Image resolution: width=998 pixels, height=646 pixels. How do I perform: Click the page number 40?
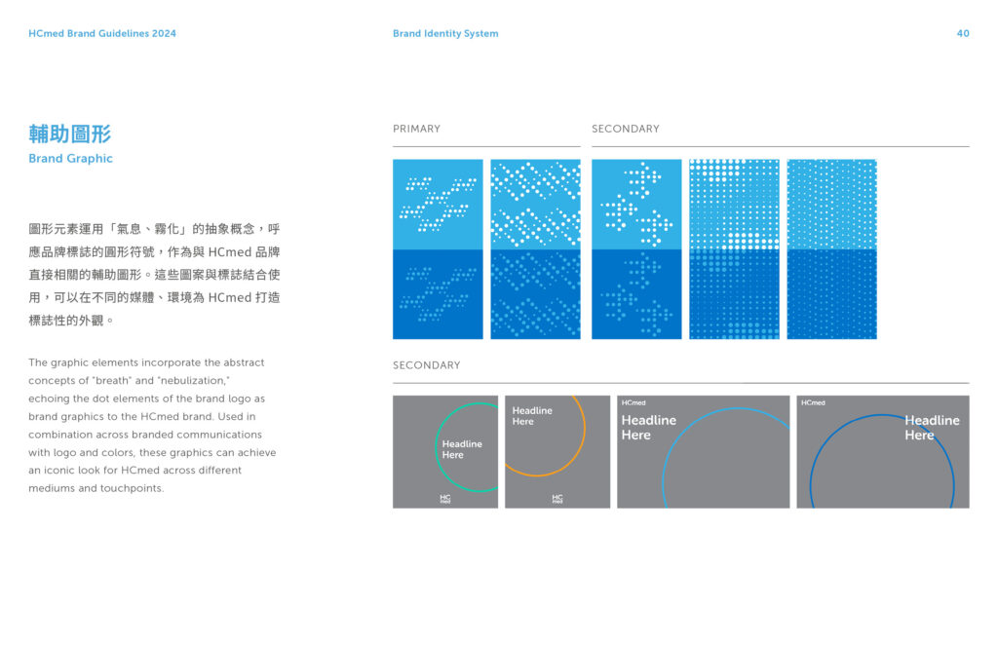[x=962, y=34]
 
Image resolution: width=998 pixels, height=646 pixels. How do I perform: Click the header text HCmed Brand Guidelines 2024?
[x=102, y=34]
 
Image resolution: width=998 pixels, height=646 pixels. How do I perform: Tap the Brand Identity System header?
[x=445, y=34]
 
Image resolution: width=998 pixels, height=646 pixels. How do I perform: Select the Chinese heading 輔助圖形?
[x=70, y=133]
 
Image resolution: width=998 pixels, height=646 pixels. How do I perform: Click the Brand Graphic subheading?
[x=70, y=159]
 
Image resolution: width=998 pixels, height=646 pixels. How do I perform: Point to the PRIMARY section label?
[x=416, y=129]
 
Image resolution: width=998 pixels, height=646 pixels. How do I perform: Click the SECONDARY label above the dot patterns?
[x=626, y=129]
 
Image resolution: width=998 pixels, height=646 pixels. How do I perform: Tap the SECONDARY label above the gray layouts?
[x=427, y=365]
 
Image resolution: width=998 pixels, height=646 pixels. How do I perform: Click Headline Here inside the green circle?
[x=462, y=449]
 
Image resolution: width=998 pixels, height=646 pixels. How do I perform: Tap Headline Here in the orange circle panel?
[x=532, y=416]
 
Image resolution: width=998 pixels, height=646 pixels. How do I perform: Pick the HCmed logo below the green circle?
[x=444, y=499]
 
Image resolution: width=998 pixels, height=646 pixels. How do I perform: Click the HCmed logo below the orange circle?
[x=557, y=499]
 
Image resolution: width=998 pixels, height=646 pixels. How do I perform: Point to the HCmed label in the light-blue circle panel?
[x=633, y=402]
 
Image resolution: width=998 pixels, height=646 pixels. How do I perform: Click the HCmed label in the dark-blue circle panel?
[x=814, y=402]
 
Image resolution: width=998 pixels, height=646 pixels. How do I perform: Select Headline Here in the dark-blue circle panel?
[x=932, y=428]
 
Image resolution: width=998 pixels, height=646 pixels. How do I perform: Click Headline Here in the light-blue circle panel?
[x=648, y=428]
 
